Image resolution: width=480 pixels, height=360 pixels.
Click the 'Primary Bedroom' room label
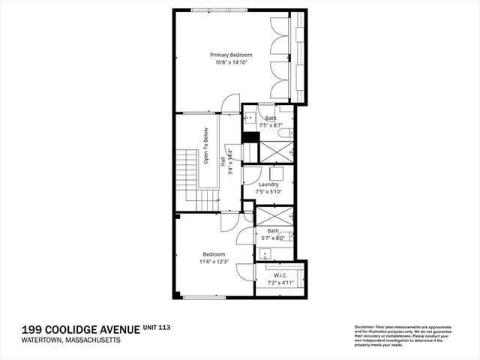[230, 55]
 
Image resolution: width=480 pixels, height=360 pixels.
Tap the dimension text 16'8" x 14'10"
[230, 63]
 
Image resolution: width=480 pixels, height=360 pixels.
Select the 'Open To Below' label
[205, 146]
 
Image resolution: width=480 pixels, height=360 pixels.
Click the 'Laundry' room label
[268, 184]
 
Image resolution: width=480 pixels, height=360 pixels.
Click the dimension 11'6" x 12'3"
[213, 262]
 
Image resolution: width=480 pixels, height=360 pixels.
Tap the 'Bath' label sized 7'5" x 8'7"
[270, 118]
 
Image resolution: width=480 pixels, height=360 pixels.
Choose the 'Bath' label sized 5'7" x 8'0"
[273, 230]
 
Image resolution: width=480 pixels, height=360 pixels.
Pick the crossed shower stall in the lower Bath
[266, 216]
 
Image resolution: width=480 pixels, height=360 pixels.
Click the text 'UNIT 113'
[158, 328]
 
